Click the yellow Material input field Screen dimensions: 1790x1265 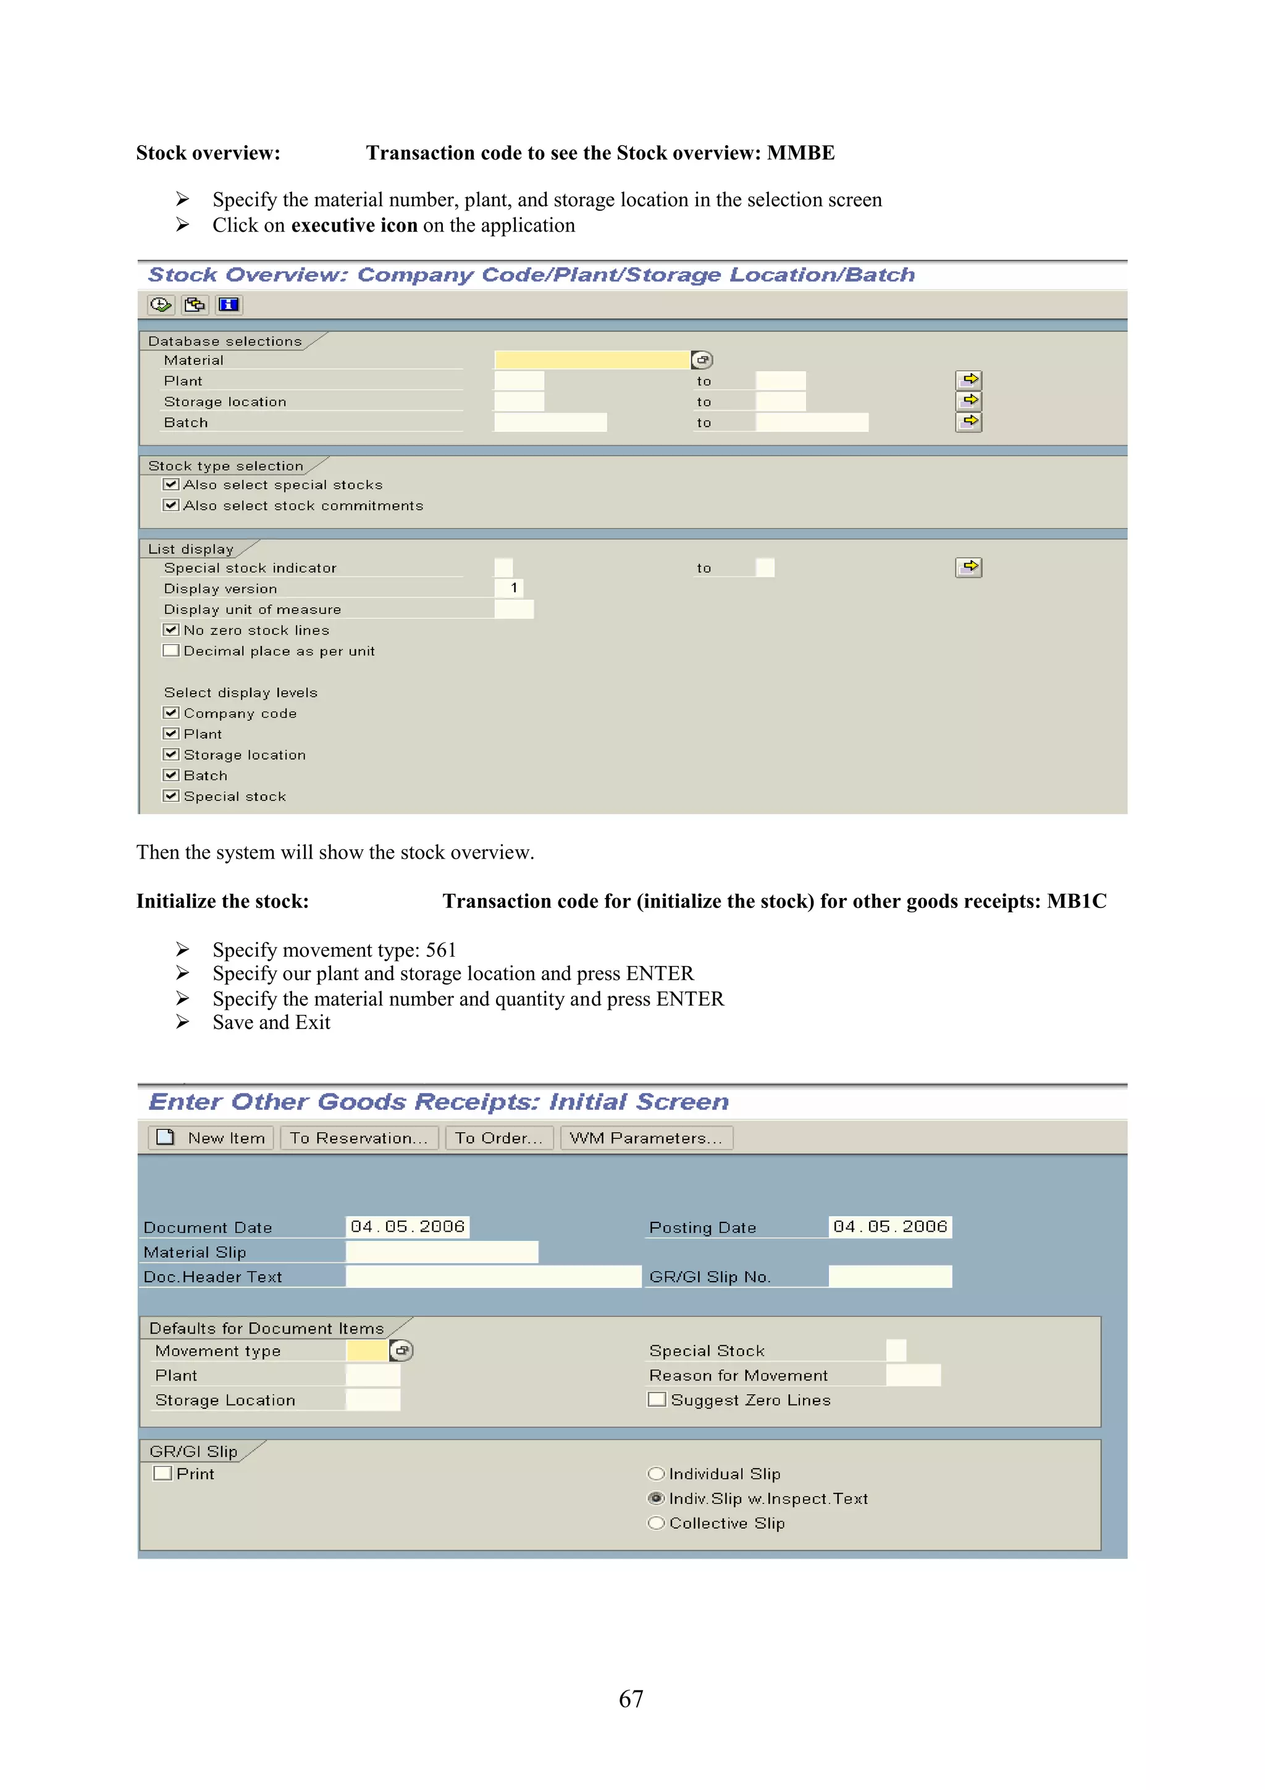click(592, 359)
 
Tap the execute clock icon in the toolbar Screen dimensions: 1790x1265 click(161, 305)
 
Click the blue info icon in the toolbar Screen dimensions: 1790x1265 click(229, 305)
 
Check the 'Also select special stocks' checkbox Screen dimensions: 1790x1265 click(170, 484)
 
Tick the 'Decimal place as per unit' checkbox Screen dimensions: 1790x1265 click(170, 650)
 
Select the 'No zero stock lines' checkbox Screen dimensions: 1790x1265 click(170, 629)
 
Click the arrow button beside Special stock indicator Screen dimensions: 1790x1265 click(969, 567)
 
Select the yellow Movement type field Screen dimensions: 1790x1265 click(367, 1350)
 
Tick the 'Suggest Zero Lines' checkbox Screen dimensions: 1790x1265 click(657, 1400)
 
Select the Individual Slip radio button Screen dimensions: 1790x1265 click(656, 1474)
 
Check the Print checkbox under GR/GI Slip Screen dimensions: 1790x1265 click(163, 1474)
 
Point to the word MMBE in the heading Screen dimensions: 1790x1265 click(801, 153)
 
